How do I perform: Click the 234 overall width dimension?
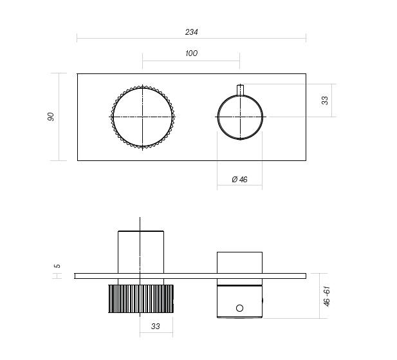(x=191, y=32)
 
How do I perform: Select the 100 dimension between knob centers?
(x=191, y=53)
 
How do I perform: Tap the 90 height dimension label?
(x=51, y=117)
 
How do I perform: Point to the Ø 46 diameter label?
(x=239, y=179)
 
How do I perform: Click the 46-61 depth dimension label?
(x=327, y=296)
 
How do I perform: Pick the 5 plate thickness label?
(x=57, y=266)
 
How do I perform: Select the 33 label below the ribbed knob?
(x=155, y=327)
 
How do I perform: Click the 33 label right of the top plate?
(x=325, y=100)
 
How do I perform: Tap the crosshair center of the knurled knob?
(x=142, y=117)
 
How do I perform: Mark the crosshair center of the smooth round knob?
(x=240, y=117)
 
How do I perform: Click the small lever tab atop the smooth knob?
(x=240, y=90)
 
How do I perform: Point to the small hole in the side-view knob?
(x=240, y=308)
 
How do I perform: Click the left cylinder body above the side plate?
(x=142, y=251)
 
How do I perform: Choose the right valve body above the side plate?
(x=239, y=262)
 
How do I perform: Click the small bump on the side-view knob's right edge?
(x=263, y=300)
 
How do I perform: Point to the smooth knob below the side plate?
(x=239, y=299)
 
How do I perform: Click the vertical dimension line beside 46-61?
(x=320, y=296)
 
